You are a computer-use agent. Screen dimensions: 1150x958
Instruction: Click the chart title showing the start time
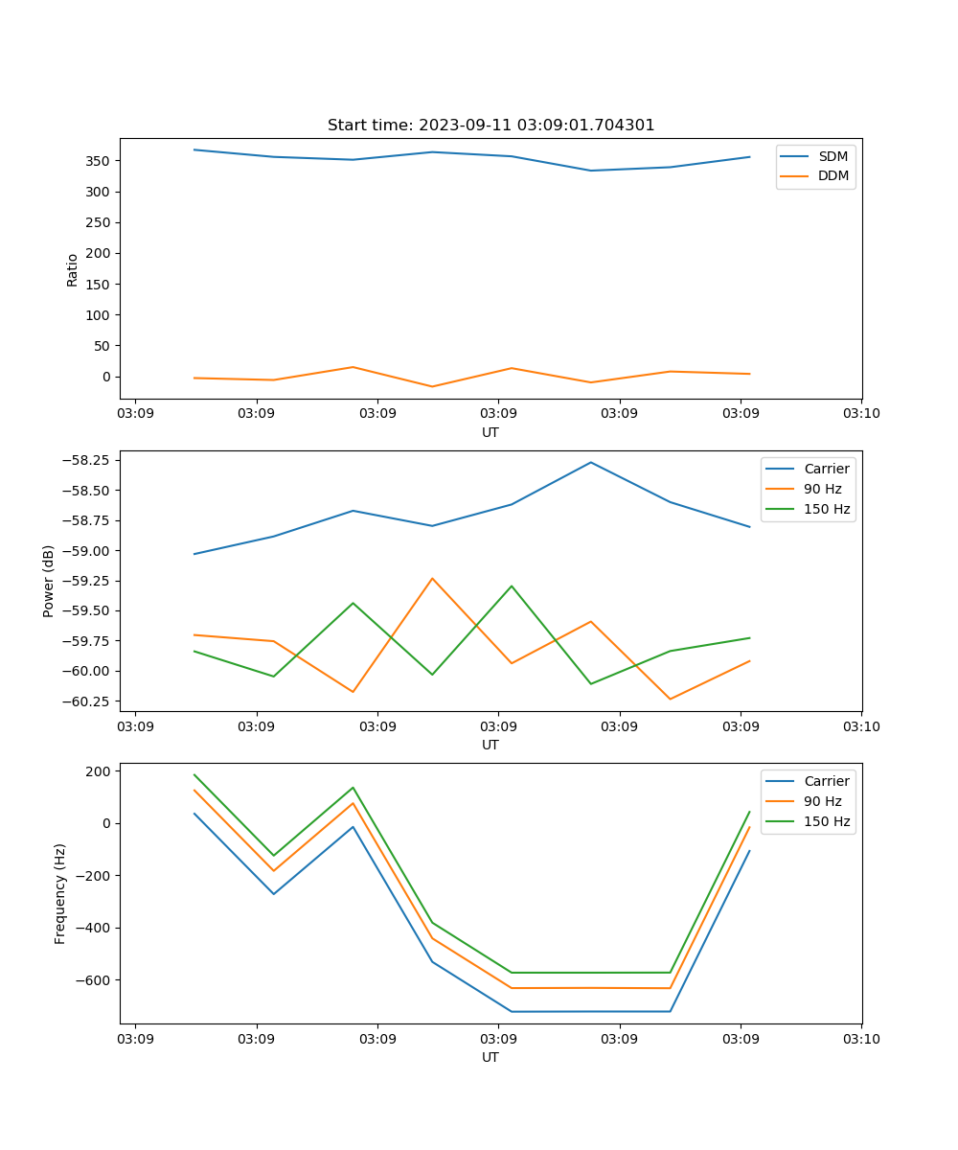(x=490, y=126)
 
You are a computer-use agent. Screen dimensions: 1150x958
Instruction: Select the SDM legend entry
(x=833, y=156)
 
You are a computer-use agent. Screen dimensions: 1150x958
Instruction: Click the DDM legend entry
(x=833, y=175)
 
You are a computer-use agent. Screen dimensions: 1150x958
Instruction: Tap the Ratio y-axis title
(x=73, y=269)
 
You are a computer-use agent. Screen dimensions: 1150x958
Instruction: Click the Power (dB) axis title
(x=49, y=581)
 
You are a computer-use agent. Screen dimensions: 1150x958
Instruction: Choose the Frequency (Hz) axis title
(x=60, y=893)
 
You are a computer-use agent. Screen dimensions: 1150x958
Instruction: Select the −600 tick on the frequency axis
(x=94, y=980)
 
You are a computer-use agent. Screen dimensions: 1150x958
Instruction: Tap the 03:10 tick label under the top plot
(x=861, y=413)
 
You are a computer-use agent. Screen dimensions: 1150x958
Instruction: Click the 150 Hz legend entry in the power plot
(x=827, y=509)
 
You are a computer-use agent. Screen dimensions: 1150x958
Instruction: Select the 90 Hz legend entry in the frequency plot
(x=823, y=801)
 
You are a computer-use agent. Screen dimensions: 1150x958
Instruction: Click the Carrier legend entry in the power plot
(x=826, y=469)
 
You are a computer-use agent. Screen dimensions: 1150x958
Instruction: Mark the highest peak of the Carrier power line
(x=591, y=462)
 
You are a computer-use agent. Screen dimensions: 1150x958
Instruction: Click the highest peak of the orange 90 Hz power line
(x=432, y=578)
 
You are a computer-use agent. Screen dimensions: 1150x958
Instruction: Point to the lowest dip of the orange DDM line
(x=432, y=386)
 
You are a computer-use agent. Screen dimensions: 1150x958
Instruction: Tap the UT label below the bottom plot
(x=490, y=1057)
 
